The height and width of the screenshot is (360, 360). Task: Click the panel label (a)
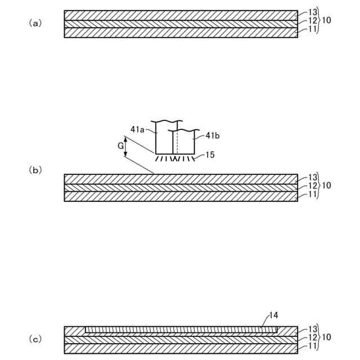click(35, 23)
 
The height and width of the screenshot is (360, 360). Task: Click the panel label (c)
click(35, 339)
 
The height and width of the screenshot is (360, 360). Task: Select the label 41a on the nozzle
click(138, 129)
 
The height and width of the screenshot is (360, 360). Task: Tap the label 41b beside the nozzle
click(213, 136)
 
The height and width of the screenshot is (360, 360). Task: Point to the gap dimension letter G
click(120, 146)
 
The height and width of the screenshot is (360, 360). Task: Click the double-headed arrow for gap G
click(126, 147)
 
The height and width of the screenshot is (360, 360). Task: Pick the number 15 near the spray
click(210, 155)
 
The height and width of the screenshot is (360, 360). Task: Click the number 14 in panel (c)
click(274, 316)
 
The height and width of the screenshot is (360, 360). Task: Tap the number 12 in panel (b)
click(313, 186)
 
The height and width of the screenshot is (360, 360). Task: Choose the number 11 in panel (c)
click(313, 346)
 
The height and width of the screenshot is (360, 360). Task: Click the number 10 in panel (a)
click(327, 20)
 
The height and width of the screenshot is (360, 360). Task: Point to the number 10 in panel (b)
click(327, 185)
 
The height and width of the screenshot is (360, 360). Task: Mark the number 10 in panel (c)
click(327, 337)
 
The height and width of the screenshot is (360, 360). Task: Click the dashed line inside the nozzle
click(177, 144)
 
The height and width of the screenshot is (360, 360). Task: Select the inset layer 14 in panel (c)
click(180, 330)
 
